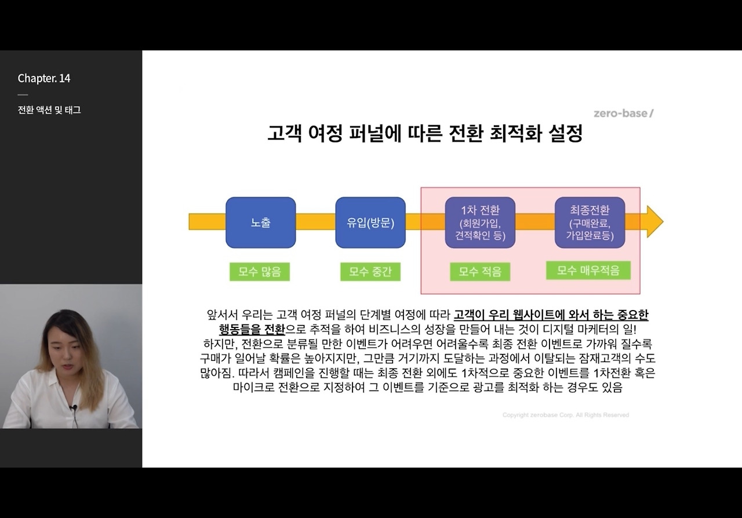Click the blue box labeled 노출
click(260, 222)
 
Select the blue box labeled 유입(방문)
click(370, 222)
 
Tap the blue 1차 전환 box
click(480, 222)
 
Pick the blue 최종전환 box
click(590, 222)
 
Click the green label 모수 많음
click(259, 272)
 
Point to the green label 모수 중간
click(370, 272)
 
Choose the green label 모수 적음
click(480, 272)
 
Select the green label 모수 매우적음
click(588, 270)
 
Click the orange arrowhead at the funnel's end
click(654, 221)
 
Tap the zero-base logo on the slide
click(623, 114)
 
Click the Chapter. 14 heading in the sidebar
click(44, 78)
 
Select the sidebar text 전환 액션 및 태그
click(49, 110)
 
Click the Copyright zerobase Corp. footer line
click(565, 415)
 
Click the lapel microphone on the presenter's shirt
click(73, 408)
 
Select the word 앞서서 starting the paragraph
click(223, 315)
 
